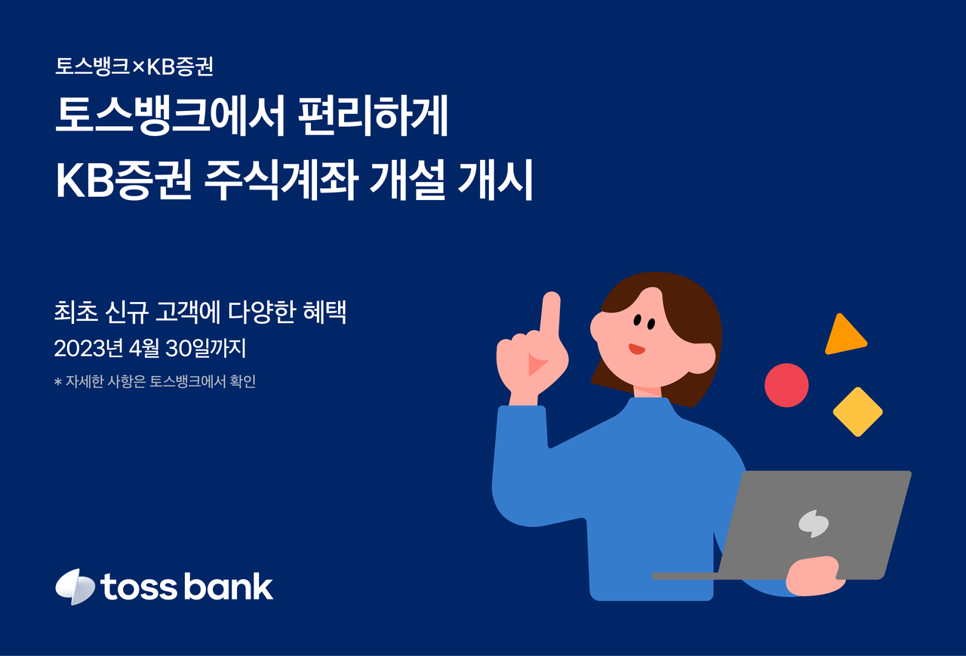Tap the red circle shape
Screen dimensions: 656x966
[x=786, y=385]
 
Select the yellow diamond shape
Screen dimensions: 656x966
[x=857, y=412]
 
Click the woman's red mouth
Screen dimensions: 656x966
[x=636, y=349]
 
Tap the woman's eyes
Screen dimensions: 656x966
[x=643, y=322]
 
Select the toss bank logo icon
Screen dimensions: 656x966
[x=75, y=587]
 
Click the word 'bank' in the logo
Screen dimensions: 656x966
[x=229, y=586]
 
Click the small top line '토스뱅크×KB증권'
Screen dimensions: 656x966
[x=134, y=67]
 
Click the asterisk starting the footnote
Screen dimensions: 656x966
[x=58, y=383]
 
